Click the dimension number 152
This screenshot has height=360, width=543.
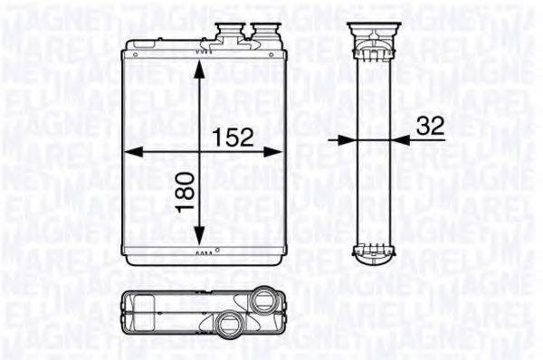pos(232,137)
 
